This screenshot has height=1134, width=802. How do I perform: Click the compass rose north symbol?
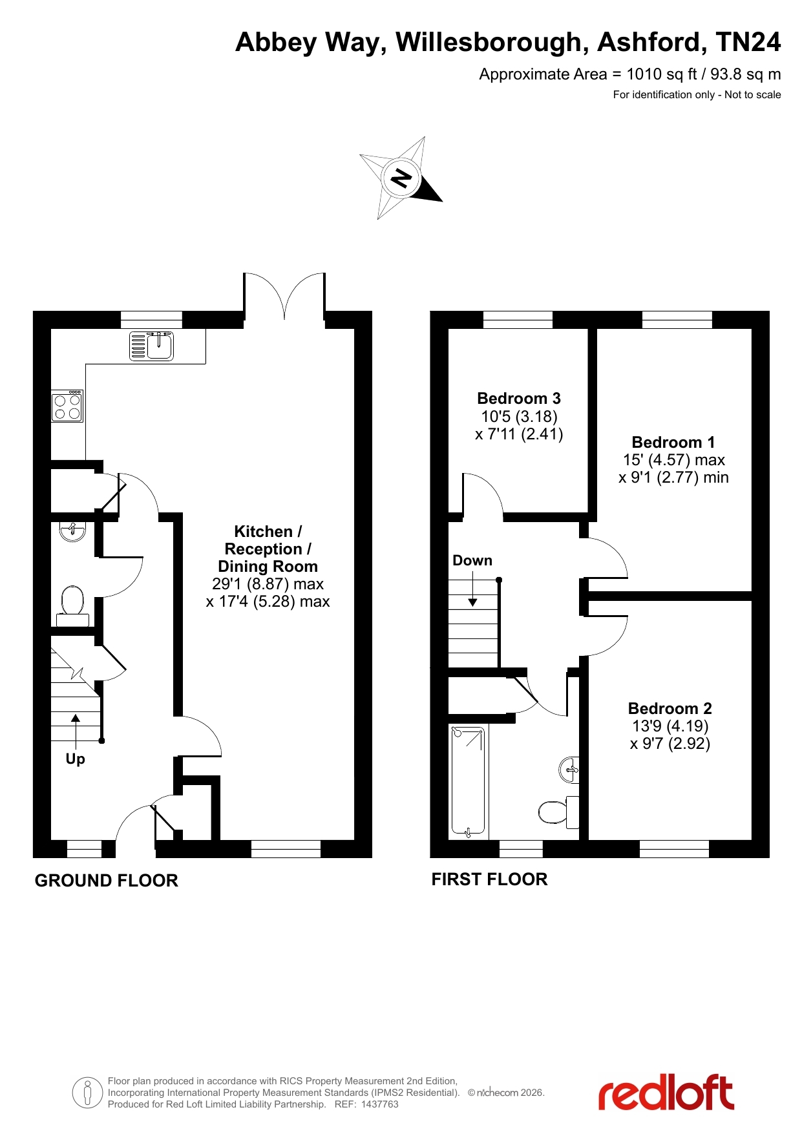pos(401,178)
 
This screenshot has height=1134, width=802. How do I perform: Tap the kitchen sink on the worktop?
pos(151,346)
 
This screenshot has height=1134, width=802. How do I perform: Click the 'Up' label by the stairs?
pos(75,759)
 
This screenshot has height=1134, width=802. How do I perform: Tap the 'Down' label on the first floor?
pos(472,560)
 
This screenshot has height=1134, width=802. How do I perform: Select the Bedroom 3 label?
pos(519,398)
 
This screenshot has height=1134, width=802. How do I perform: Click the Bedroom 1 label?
pos(673,442)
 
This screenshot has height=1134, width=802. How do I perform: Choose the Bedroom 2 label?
pos(670,708)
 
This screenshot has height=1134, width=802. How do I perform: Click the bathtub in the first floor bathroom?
pos(469,781)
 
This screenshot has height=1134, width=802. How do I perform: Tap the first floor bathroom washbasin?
pos(569,770)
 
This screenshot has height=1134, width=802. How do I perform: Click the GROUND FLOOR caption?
pos(106,881)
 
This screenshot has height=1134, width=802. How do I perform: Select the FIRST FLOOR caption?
pos(489,879)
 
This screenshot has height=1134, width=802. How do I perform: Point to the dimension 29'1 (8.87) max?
pos(268,584)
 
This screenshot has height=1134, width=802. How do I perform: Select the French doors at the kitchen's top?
pos(284,296)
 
